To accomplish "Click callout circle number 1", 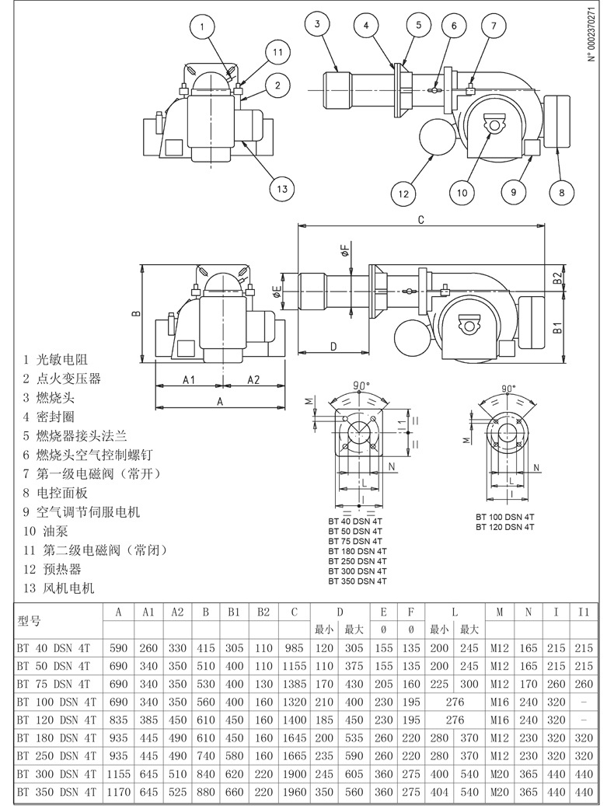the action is click(x=202, y=26).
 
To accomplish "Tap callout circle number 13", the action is click(x=282, y=188).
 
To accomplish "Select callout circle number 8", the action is click(x=561, y=192).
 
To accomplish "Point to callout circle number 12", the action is click(x=403, y=194).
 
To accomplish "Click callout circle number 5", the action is click(x=419, y=24).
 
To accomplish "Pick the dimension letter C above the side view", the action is click(x=420, y=220).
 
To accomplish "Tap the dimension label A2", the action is click(x=253, y=379).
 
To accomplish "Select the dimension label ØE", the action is click(x=277, y=292).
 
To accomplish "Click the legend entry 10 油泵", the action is click(x=45, y=531).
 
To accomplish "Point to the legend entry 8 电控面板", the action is click(x=55, y=493).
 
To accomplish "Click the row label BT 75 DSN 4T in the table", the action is click(x=53, y=684).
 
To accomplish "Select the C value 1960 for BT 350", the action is click(x=295, y=792).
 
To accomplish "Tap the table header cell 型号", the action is click(x=29, y=621).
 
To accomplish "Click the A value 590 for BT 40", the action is click(x=118, y=648).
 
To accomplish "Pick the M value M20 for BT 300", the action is click(x=500, y=774).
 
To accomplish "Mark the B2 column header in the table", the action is click(x=263, y=612).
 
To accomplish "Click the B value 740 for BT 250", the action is click(x=205, y=756).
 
